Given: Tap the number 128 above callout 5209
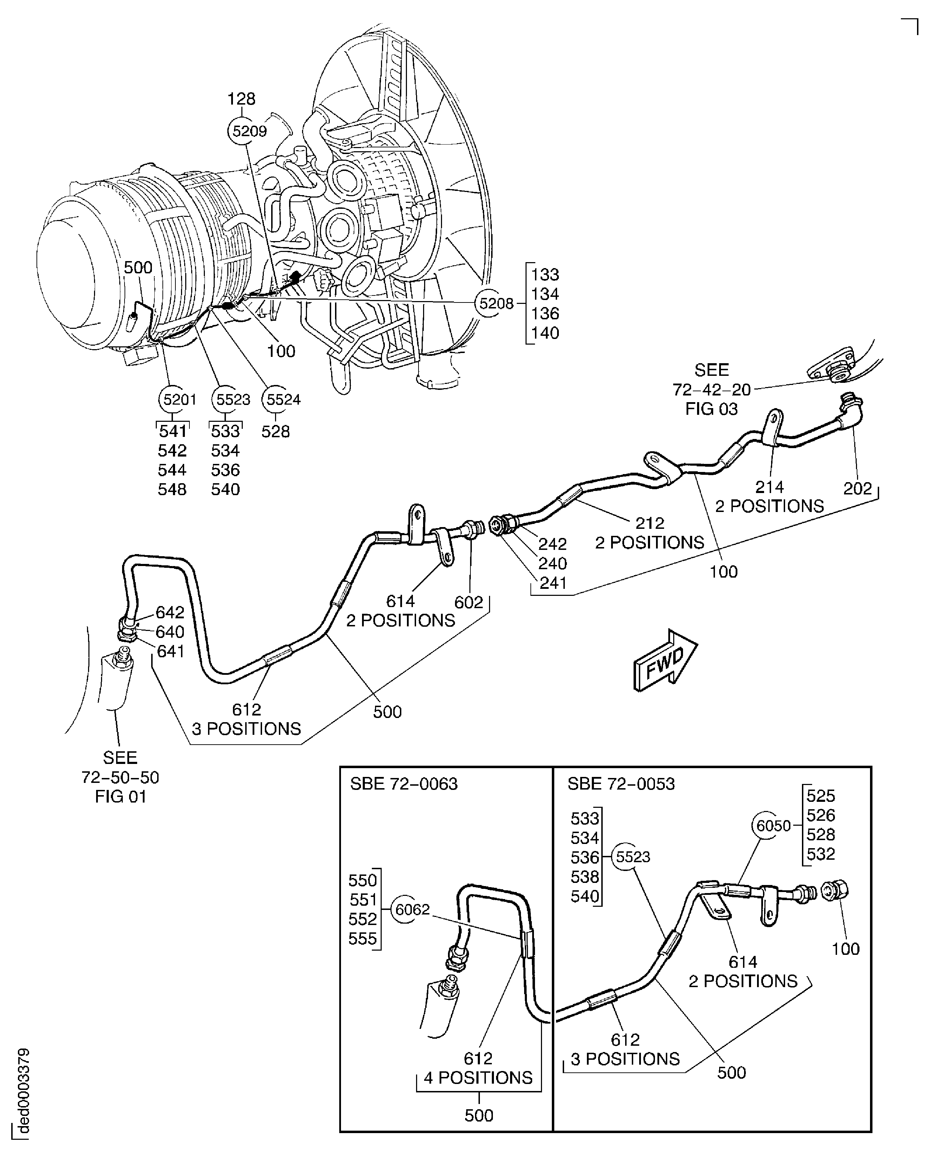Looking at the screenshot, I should (242, 99).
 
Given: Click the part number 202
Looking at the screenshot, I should (858, 488).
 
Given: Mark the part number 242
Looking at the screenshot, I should (552, 544).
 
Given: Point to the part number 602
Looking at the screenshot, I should (469, 602).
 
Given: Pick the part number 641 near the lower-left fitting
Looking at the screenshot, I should (170, 651).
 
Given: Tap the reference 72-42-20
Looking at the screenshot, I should (711, 389).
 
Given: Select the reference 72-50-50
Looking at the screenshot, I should (121, 777).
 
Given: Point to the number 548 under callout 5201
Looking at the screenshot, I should (172, 489).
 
